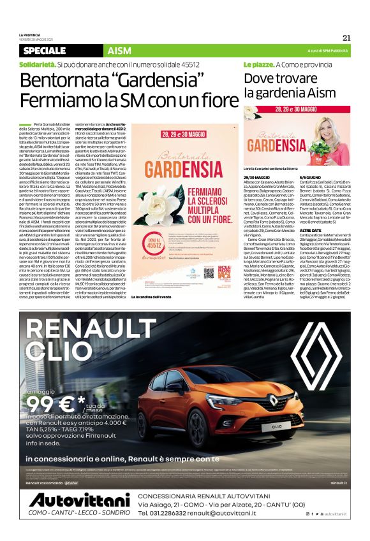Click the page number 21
click(x=347, y=37)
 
